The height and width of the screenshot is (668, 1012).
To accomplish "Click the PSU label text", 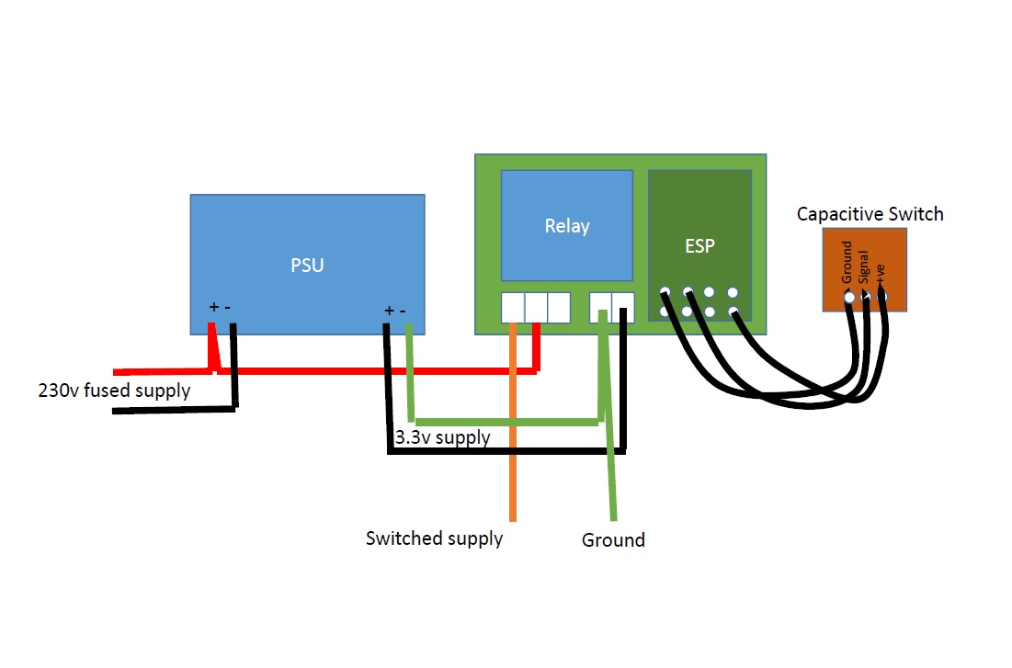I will click(x=307, y=266).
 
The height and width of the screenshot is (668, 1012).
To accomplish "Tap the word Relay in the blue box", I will click(x=566, y=226).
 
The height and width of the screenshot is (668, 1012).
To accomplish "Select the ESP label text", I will click(x=699, y=246).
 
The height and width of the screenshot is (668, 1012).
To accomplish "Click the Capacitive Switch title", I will click(x=870, y=214).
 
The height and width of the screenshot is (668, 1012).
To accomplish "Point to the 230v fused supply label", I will click(x=114, y=391).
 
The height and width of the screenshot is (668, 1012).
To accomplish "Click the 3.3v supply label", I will click(x=442, y=437).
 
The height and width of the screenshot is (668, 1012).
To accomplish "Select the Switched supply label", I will click(x=434, y=538).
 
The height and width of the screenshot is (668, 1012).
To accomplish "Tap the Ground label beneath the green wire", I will click(x=613, y=540).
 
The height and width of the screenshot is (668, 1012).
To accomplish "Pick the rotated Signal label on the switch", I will click(x=863, y=266).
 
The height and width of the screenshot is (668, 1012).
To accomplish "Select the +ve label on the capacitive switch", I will click(x=880, y=273).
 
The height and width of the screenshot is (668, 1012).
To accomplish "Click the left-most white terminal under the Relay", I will click(x=513, y=308).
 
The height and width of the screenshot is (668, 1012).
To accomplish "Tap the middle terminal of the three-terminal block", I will click(x=536, y=308).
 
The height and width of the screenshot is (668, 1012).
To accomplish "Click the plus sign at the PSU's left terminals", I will click(x=213, y=307).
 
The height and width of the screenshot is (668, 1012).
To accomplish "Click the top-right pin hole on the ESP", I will click(x=733, y=293).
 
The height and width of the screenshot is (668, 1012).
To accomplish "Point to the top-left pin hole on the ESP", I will click(x=665, y=293).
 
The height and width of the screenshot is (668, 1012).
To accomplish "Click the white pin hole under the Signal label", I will click(x=865, y=297).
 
